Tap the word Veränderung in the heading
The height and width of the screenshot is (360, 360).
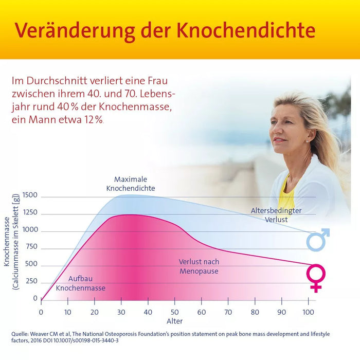pos(66,30)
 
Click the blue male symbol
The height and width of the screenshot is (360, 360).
pos(318,239)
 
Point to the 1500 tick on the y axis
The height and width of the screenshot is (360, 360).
pos(30,195)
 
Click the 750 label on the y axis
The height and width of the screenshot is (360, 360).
pos(32,247)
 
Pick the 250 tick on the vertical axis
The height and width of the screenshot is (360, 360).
pos(32,281)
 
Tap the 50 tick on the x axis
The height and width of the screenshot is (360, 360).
pos(175,312)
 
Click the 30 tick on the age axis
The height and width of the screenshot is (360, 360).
pos(121,312)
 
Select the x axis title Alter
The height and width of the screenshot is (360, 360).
pos(174,321)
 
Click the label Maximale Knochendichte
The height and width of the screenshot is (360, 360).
pos(131,184)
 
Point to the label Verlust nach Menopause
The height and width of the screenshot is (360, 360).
pos(199,266)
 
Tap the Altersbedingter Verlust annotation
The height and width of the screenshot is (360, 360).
pos(276,215)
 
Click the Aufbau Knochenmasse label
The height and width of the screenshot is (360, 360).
pos(80,283)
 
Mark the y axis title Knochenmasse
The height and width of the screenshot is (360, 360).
pos(7,241)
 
